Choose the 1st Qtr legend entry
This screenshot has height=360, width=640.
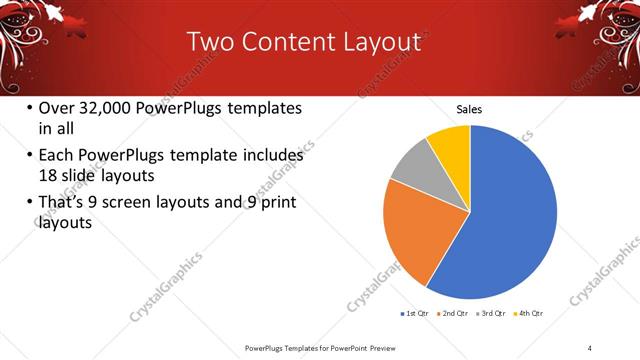pyautogui.click(x=415, y=314)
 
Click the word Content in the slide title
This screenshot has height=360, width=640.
pyautogui.click(x=289, y=41)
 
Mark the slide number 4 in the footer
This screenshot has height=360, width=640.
pyautogui.click(x=590, y=346)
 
